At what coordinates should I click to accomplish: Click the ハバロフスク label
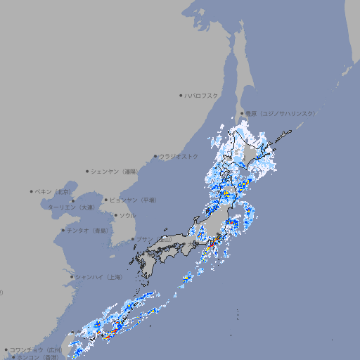202,95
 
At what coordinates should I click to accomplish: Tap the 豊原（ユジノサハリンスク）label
280,113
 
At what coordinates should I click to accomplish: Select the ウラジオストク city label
179,156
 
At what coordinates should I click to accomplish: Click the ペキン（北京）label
53,191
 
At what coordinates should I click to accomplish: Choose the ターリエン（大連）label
71,207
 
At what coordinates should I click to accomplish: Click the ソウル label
127,216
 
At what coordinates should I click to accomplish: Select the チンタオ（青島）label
87,230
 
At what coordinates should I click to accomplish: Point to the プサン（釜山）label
153,240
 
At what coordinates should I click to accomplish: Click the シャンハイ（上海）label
98,277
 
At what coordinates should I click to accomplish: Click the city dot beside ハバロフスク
181,95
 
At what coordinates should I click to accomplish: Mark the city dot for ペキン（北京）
32,191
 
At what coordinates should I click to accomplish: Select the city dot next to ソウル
115,216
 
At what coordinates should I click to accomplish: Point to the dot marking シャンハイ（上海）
72,277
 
